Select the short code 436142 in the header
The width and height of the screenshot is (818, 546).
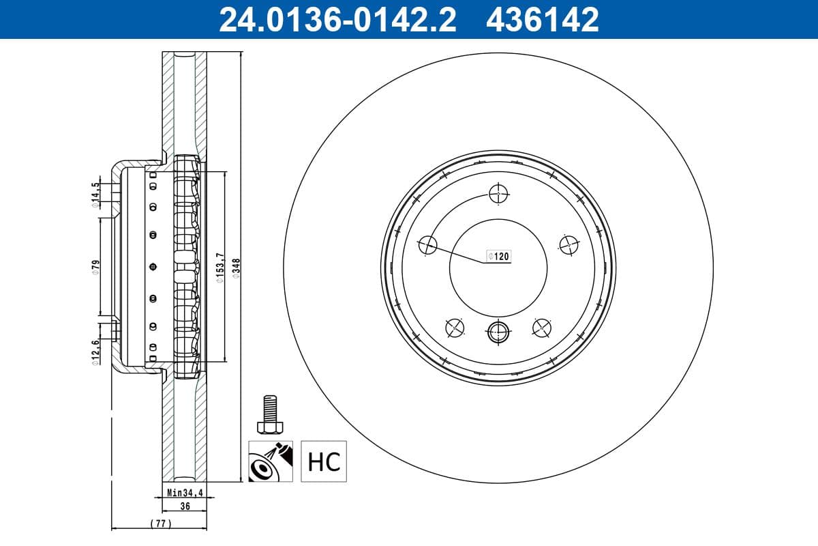click(542, 19)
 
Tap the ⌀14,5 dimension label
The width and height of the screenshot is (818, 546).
click(96, 192)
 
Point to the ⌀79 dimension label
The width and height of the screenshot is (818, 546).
click(96, 265)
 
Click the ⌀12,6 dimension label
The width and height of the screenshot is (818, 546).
click(96, 352)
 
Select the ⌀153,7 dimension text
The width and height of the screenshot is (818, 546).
click(219, 265)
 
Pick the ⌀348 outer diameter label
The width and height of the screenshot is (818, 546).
click(236, 265)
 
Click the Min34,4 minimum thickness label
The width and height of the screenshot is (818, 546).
click(185, 491)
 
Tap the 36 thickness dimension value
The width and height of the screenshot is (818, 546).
click(185, 506)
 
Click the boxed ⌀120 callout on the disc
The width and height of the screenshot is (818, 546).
click(498, 257)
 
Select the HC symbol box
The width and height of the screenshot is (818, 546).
click(324, 461)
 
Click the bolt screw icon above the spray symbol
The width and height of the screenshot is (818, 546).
click(271, 414)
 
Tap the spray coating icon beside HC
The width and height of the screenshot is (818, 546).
click(271, 461)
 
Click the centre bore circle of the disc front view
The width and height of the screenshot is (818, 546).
click(498, 267)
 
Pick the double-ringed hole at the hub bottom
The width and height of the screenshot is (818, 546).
click(498, 332)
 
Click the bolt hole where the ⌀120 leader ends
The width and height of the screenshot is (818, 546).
click(427, 244)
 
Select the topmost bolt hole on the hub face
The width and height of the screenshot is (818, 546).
click(498, 195)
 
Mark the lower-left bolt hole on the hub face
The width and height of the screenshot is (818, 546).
click(455, 328)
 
